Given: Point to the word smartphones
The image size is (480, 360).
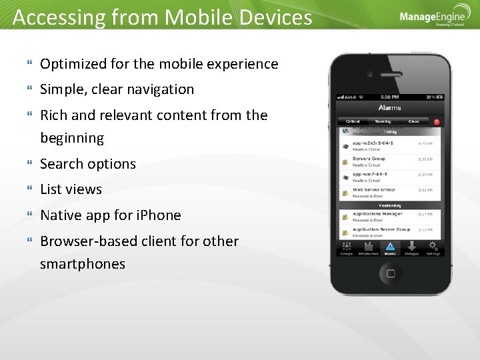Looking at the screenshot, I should pyautogui.click(x=83, y=264).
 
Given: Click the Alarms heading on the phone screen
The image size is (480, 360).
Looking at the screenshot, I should pyautogui.click(x=389, y=107).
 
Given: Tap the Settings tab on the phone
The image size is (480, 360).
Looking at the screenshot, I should pyautogui.click(x=433, y=248).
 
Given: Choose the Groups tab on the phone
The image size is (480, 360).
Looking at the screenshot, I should pyautogui.click(x=346, y=248).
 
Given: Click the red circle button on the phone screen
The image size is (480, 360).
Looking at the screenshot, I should pyautogui.click(x=437, y=122).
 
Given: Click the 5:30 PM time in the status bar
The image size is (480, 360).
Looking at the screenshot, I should pyautogui.click(x=389, y=97).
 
